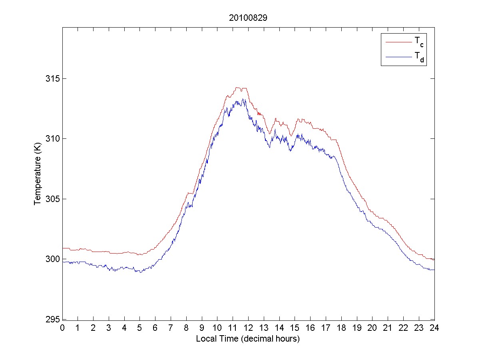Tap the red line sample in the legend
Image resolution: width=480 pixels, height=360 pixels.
[x=398, y=42]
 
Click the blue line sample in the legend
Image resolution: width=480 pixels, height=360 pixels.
[x=398, y=57]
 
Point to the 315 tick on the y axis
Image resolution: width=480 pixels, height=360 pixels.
[x=51, y=78]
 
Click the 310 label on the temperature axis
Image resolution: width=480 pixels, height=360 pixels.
[x=51, y=139]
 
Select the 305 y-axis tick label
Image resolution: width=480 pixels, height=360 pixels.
[x=51, y=199]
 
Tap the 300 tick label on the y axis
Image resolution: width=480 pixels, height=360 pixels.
[x=51, y=259]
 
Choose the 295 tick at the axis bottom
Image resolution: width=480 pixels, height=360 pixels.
[x=51, y=320]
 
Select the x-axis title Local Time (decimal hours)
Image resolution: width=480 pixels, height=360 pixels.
[x=248, y=339]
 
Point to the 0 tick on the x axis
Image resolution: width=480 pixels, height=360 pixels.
[x=62, y=328]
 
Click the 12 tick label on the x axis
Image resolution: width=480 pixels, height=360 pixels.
[x=248, y=328]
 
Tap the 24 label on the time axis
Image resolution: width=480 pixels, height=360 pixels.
[x=434, y=328]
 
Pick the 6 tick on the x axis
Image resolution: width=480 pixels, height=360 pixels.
[x=155, y=328]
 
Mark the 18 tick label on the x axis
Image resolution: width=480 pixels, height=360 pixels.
[x=341, y=328]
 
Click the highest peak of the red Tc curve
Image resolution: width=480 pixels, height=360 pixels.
[x=240, y=88]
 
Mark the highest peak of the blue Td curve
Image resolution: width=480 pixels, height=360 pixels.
[x=243, y=99]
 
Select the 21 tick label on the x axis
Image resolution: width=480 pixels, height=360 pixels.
[x=388, y=328]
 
